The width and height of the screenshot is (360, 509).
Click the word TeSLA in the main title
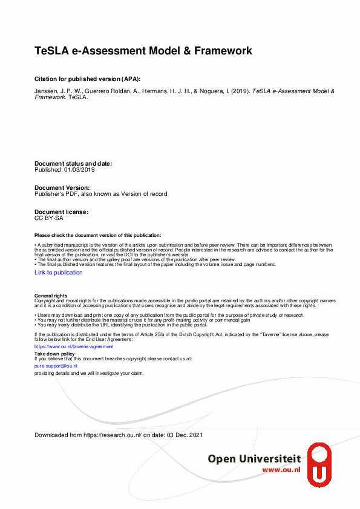click(50, 51)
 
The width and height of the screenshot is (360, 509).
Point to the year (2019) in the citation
click(241, 91)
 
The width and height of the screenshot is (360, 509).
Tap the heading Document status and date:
click(73, 164)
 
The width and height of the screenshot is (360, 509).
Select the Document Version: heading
click(62, 188)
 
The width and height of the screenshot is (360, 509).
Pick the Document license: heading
click(62, 212)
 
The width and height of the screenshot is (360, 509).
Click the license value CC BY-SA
click(49, 218)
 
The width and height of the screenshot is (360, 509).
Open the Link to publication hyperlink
click(59, 273)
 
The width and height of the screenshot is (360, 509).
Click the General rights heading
click(51, 296)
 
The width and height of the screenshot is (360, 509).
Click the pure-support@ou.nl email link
click(56, 366)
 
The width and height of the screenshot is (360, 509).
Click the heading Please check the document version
click(98, 235)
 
